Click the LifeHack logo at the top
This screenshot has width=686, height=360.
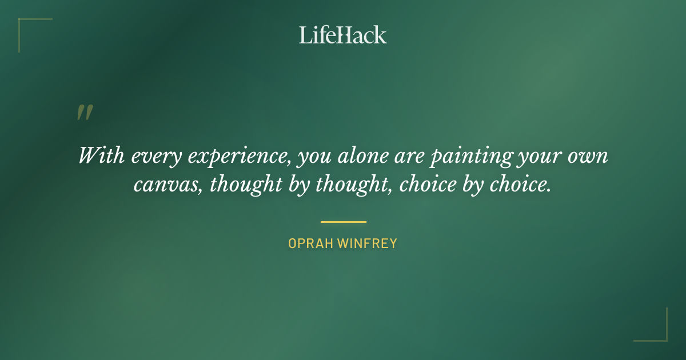[x=342, y=35]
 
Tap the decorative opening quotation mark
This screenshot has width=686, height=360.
[x=85, y=113]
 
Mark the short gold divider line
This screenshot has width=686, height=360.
[x=343, y=222]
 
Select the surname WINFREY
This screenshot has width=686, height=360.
[x=367, y=243]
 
